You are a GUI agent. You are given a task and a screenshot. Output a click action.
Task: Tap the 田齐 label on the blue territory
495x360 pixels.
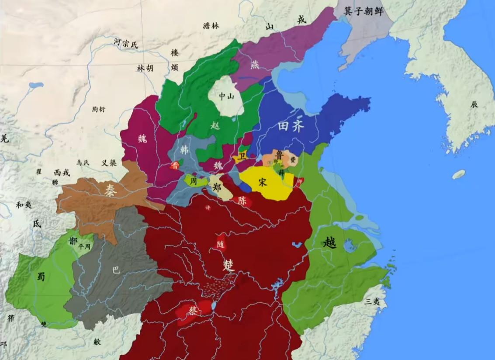point(292,127)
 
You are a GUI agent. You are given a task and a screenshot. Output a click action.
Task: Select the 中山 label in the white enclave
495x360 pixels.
point(226,97)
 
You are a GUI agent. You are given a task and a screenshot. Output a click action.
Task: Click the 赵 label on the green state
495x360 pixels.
point(215,125)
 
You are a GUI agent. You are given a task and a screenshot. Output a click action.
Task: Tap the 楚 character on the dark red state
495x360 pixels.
point(228,265)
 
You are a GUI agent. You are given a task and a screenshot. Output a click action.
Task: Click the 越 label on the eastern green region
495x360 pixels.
point(330,242)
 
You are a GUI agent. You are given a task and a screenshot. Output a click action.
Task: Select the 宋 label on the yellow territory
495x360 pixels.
point(263,183)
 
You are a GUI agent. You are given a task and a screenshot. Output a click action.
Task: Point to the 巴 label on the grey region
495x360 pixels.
point(116,270)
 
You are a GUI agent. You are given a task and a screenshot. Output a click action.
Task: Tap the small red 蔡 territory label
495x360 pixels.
point(193,310)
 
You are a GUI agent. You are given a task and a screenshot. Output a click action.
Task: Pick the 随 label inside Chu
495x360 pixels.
point(221,244)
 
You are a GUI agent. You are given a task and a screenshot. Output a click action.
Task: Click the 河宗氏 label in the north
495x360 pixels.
point(125,43)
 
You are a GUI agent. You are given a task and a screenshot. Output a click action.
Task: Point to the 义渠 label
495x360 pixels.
point(109,163)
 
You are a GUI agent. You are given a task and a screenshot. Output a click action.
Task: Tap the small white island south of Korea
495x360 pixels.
point(458,174)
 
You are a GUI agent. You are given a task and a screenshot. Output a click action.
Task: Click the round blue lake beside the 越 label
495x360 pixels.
point(350,247)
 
